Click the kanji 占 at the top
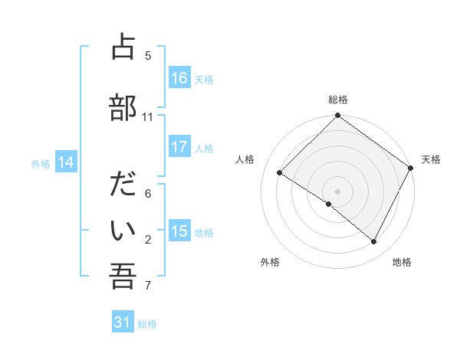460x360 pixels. tap(123, 48)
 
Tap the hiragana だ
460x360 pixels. tap(123, 185)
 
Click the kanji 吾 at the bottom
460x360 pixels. tap(123, 277)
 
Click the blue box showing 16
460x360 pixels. tap(179, 78)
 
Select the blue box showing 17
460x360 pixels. tap(179, 147)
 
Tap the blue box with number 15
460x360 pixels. tap(179, 231)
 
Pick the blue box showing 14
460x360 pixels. tap(66, 162)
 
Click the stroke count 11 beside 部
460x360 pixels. tap(148, 117)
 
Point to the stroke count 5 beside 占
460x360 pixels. tap(148, 56)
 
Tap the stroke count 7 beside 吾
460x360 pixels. tap(148, 286)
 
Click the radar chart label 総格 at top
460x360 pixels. tap(338, 100)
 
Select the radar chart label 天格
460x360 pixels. tap(431, 159)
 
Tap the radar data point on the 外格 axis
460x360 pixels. tap(329, 205)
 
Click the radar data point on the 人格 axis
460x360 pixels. tap(280, 172)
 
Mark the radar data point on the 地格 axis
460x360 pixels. tap(374, 242)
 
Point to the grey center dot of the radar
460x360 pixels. tap(338, 191)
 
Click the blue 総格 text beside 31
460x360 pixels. tap(147, 324)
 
